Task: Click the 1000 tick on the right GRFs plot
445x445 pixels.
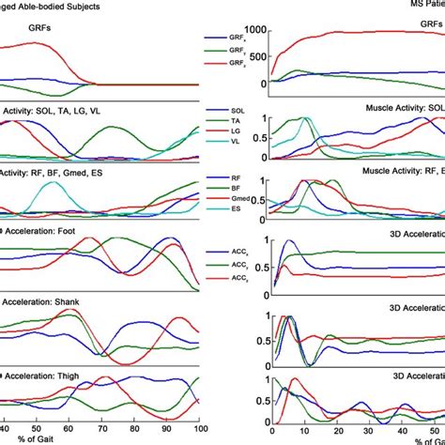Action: [252, 31]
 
